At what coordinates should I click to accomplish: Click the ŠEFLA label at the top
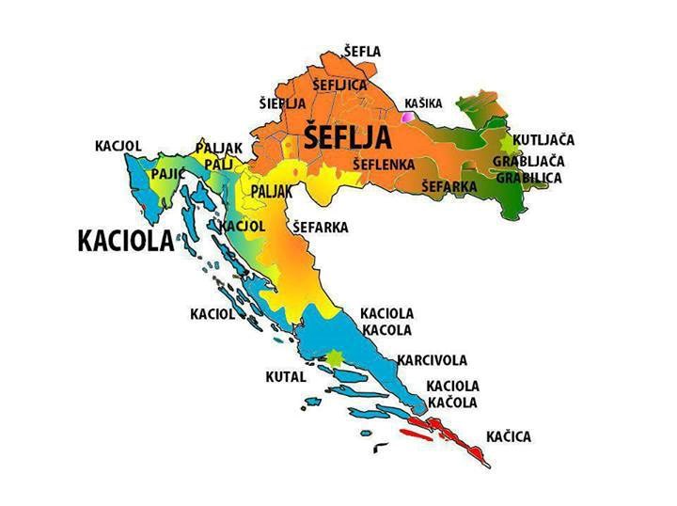click(x=362, y=51)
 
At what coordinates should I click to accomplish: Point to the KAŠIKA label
click(x=423, y=103)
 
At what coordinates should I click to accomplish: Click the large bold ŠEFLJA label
click(x=347, y=138)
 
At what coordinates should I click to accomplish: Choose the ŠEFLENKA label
click(x=384, y=165)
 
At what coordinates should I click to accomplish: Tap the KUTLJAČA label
click(x=543, y=140)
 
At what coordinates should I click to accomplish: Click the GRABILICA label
click(x=528, y=177)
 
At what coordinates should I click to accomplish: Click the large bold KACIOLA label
click(x=126, y=241)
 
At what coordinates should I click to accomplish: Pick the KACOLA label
click(x=386, y=330)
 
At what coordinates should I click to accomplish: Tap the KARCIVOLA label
click(x=432, y=360)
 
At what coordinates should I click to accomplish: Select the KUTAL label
click(x=286, y=376)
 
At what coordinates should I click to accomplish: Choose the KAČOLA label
click(x=452, y=403)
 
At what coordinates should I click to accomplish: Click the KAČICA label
click(x=509, y=437)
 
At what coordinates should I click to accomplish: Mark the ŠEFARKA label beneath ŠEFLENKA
click(x=449, y=187)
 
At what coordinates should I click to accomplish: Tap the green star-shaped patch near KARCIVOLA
click(x=334, y=357)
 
